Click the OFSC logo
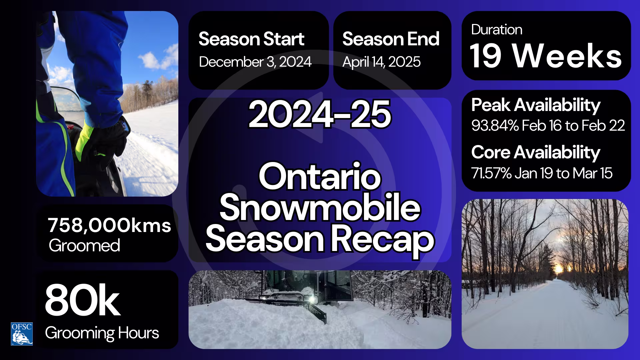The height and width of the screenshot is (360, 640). click(x=22, y=334)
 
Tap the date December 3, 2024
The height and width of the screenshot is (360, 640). click(x=255, y=62)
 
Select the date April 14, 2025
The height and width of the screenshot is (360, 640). click(x=381, y=62)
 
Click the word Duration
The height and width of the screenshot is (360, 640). click(x=496, y=30)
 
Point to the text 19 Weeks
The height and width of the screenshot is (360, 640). click(x=545, y=56)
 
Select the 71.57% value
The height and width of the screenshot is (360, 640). click(x=491, y=173)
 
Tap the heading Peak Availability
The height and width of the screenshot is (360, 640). click(x=535, y=105)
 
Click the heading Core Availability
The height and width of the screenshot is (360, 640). click(x=535, y=152)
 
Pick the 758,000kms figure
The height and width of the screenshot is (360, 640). click(x=109, y=226)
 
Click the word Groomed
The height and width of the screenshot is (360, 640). click(x=84, y=246)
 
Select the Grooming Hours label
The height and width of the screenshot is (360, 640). click(x=102, y=333)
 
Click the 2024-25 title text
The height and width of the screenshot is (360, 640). click(x=320, y=114)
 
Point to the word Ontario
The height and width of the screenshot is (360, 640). click(x=320, y=177)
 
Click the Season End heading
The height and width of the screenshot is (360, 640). click(x=391, y=39)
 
